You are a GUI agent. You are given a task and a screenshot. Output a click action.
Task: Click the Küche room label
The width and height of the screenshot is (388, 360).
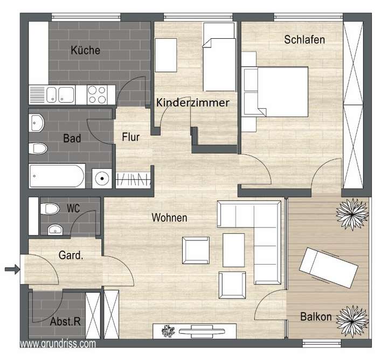[x=85, y=51]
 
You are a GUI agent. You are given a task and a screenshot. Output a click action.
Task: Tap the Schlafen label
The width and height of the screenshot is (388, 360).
[x=304, y=39]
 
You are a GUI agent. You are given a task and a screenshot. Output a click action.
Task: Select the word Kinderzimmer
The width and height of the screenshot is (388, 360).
[x=192, y=102]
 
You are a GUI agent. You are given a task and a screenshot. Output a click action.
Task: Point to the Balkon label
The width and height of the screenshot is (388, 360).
[x=316, y=317]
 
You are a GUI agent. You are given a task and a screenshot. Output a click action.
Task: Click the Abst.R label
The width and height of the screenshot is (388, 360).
[x=65, y=322]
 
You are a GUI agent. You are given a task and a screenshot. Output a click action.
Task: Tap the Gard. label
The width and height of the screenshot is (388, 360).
[x=71, y=256]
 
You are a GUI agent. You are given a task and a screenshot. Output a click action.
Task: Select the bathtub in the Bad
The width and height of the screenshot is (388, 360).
[x=57, y=176]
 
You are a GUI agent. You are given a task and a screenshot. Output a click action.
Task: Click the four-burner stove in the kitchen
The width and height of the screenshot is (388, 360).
[x=97, y=95]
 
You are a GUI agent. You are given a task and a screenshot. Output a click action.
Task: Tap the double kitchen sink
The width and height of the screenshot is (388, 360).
[x=60, y=95]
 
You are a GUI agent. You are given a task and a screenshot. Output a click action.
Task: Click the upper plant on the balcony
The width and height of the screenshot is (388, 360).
[x=352, y=213]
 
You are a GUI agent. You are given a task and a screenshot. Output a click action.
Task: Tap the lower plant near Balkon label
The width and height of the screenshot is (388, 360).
[x=352, y=318]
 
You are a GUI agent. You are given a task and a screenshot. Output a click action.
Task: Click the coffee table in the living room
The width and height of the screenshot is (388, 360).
[x=233, y=250]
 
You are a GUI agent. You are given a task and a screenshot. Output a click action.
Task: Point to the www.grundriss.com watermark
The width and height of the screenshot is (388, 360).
[x=58, y=343]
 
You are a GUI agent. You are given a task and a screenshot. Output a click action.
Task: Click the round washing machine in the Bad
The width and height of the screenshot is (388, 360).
[x=101, y=177]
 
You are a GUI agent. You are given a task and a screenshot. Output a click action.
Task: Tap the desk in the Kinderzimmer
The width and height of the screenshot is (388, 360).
[x=166, y=56]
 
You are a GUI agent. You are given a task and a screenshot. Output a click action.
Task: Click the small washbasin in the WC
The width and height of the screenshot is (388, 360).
[x=54, y=230]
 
